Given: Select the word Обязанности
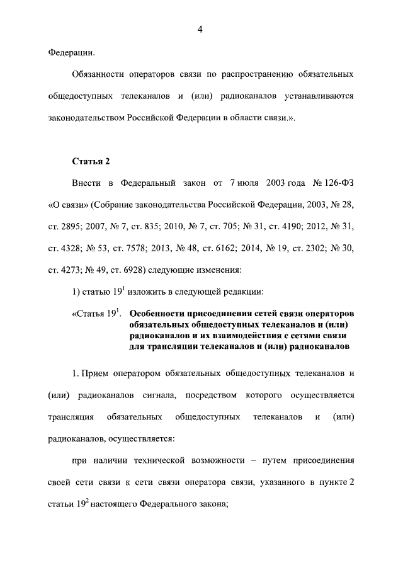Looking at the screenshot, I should [101, 74].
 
